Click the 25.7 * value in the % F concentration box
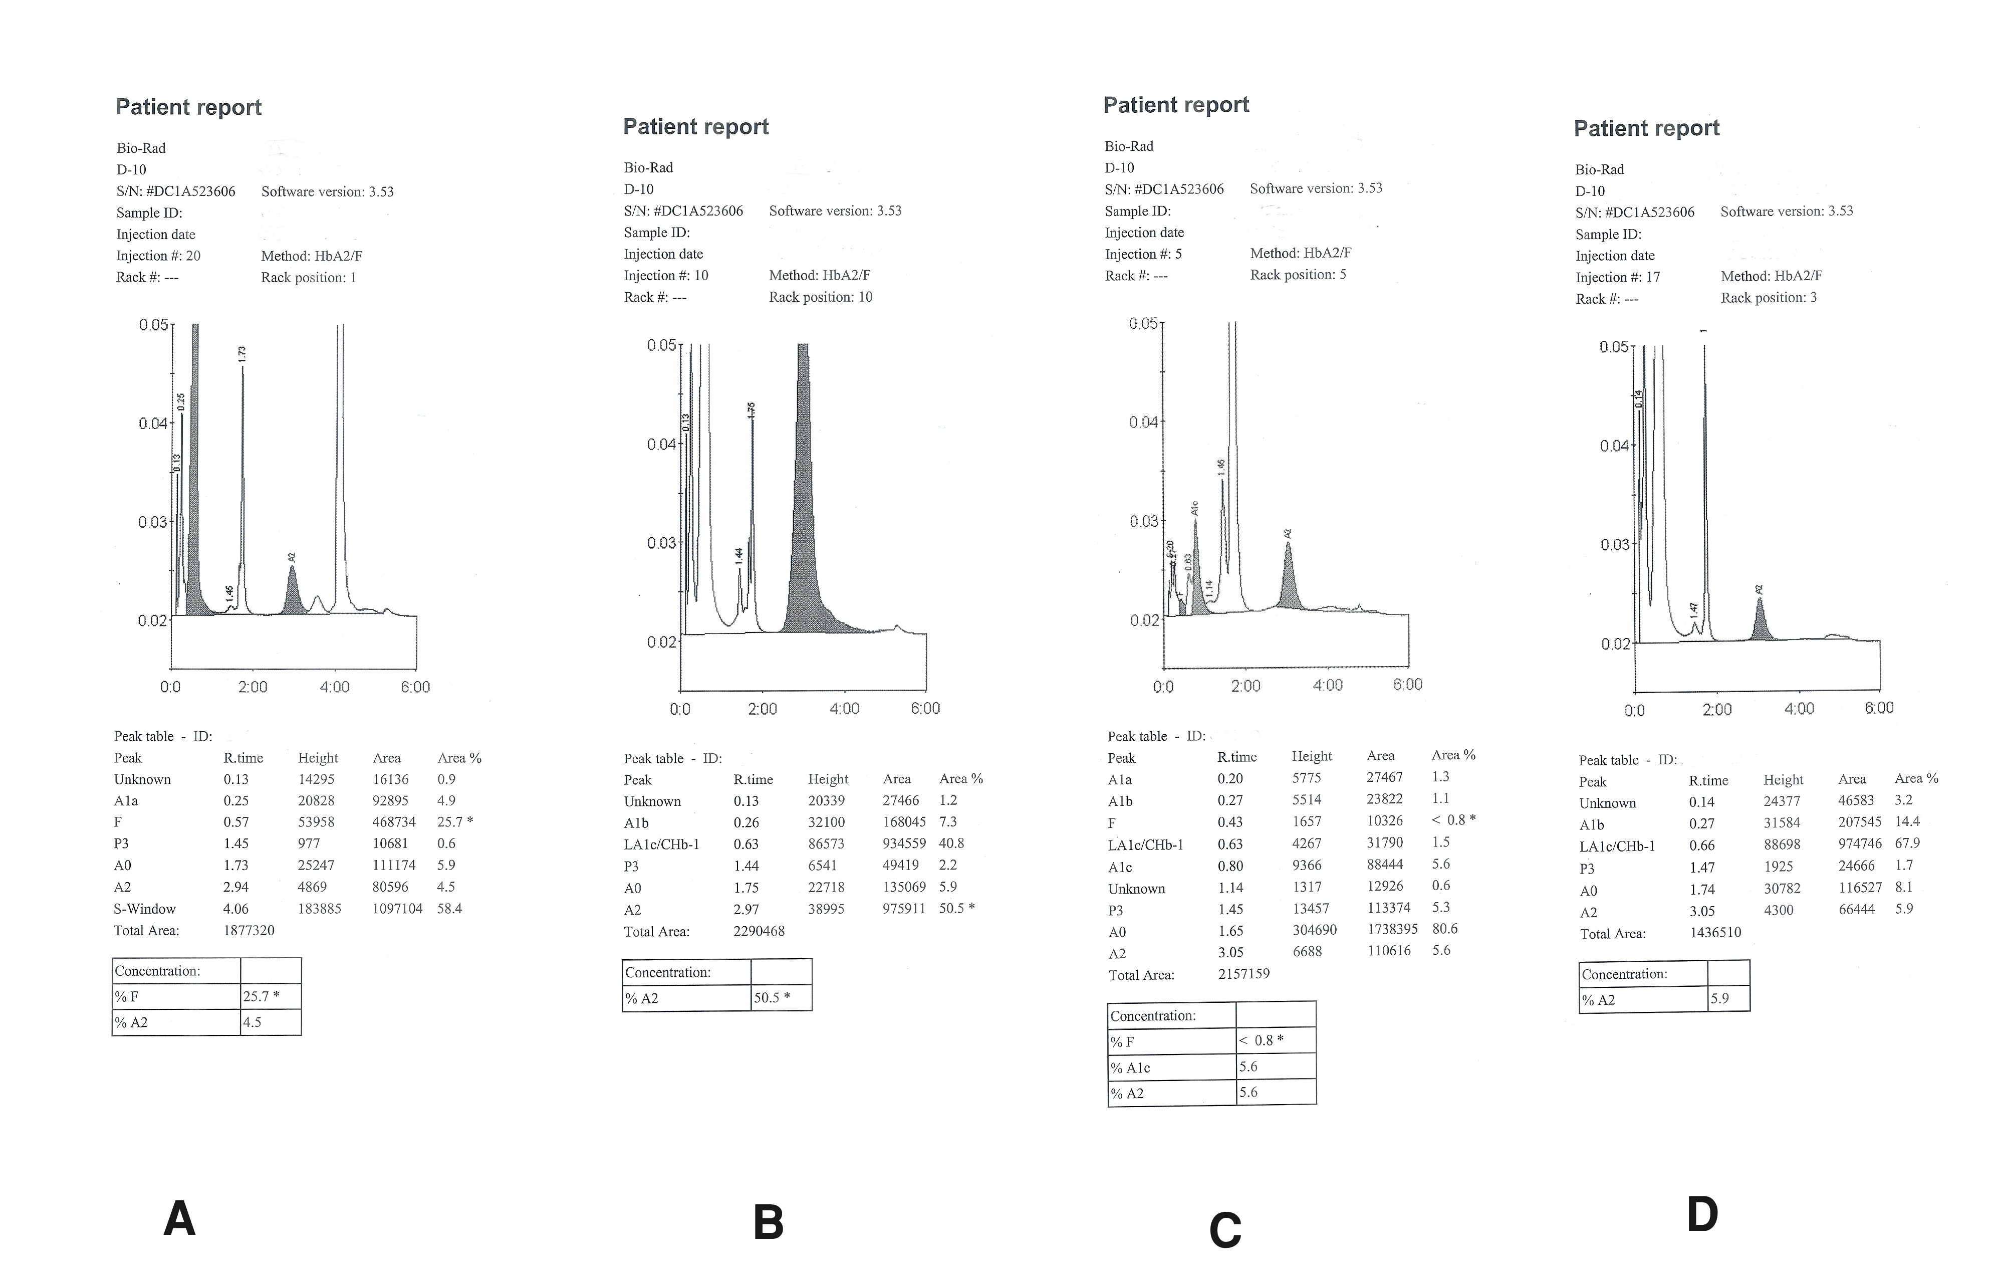pyautogui.click(x=261, y=996)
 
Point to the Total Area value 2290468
pyautogui.click(x=758, y=931)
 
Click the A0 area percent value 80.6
pyautogui.click(x=1445, y=929)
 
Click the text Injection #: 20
pyautogui.click(x=158, y=256)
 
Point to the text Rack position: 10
pyautogui.click(x=821, y=297)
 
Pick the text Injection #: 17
pyautogui.click(x=1617, y=277)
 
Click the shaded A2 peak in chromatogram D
pyautogui.click(x=1760, y=624)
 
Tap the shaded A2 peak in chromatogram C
pyautogui.click(x=1288, y=583)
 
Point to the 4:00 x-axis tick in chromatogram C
pyautogui.click(x=1328, y=685)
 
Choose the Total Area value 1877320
pyautogui.click(x=249, y=930)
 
